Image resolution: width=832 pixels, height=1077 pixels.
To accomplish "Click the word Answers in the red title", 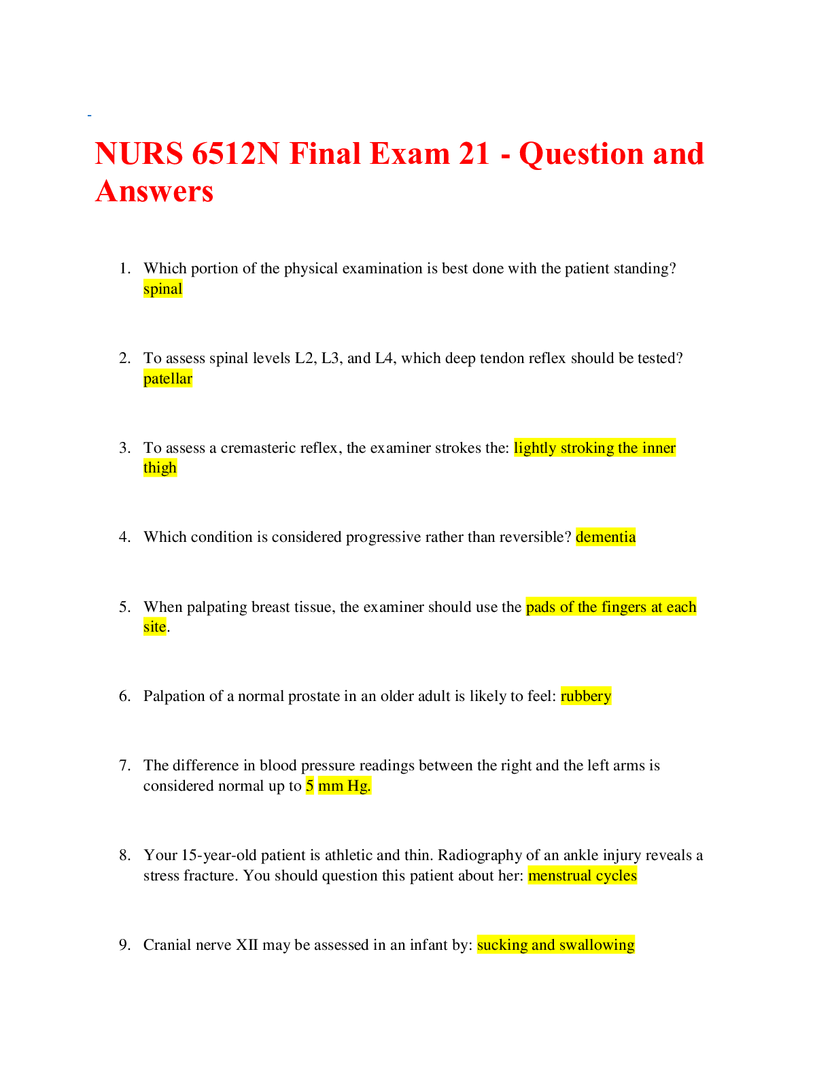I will point(154,191).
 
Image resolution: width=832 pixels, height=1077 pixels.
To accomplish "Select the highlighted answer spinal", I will point(163,289).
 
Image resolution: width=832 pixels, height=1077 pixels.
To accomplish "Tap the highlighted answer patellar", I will point(168,379).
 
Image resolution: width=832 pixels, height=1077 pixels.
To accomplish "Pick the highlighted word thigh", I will point(160,468).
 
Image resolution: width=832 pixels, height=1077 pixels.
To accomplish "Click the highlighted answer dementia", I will point(606,537).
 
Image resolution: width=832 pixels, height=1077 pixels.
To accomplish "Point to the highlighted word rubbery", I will point(586,696).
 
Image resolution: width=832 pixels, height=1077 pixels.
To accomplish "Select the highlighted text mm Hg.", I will point(345,786).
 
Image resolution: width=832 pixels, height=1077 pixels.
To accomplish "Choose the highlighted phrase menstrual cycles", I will point(583,876).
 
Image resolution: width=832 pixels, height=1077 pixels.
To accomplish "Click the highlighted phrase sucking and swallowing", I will point(556,945).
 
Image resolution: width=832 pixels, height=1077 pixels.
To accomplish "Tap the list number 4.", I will point(124,537).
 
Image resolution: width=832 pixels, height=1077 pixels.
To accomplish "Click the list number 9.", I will point(124,945).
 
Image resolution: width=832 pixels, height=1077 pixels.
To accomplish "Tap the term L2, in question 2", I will point(305,358).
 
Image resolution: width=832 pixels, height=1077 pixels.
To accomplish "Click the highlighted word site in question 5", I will point(154,627).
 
